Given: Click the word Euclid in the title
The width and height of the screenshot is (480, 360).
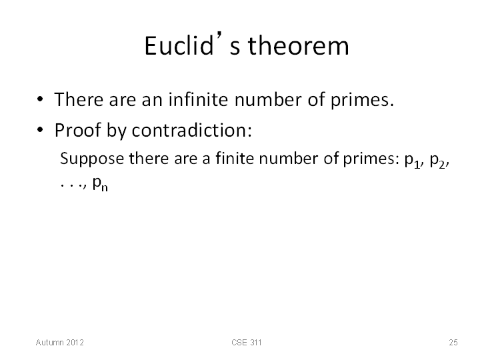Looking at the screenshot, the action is tap(179, 45).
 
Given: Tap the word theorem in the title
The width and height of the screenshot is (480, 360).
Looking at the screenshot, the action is tap(298, 45).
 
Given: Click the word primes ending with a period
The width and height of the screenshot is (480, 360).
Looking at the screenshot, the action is tap(362, 101).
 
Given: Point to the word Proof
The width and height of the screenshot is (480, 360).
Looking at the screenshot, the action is tap(78, 130).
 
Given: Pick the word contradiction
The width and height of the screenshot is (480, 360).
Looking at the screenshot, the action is tap(191, 130).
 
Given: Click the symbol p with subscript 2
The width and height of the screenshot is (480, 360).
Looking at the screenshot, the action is tap(438, 160).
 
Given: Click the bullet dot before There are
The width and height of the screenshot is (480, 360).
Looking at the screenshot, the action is tap(40, 99).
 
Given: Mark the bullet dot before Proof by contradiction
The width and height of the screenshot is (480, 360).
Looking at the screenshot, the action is tap(40, 130).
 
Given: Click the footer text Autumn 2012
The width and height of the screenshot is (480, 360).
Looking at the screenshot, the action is tap(60, 342).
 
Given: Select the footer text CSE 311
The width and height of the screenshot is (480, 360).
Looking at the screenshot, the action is tap(247, 342).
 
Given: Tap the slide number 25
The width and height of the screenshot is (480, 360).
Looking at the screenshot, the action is tap(453, 342).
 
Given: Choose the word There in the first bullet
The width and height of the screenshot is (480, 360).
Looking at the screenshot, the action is tap(79, 99).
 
